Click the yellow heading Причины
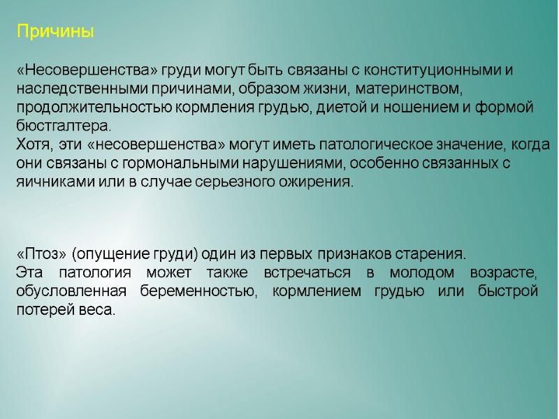tap(55, 32)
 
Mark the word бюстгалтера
tap(63, 126)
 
